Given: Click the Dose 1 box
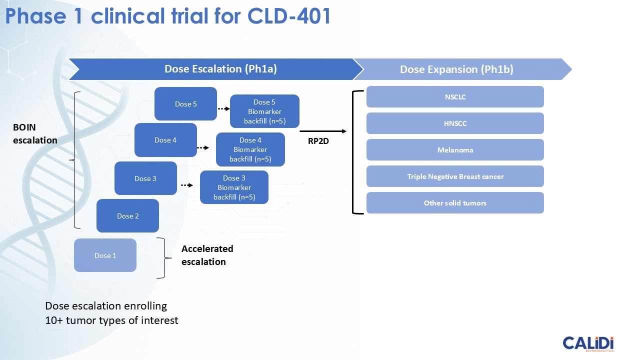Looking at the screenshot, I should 105,255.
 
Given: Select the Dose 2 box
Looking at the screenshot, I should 127,216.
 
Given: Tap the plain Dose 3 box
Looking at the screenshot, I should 145,178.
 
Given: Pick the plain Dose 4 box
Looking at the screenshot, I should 165,140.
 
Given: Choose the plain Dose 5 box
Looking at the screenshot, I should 185,104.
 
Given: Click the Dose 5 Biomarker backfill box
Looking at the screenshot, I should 264,111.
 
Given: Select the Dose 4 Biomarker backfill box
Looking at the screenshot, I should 250,149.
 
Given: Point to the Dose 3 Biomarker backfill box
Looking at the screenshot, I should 234,187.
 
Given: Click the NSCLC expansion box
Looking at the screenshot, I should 455,97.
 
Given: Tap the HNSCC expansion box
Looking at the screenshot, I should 455,123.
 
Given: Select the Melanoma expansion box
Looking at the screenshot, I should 455,150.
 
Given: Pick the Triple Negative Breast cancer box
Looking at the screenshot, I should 455,176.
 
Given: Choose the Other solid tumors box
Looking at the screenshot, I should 455,203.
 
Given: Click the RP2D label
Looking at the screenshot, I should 318,141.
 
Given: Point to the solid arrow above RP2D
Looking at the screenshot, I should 323,131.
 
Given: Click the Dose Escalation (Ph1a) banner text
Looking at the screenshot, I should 220,69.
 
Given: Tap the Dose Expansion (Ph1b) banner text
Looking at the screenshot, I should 456,70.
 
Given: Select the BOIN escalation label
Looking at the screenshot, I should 35,134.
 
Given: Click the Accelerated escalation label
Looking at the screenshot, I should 207,255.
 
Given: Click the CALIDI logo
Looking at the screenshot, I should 588,344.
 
